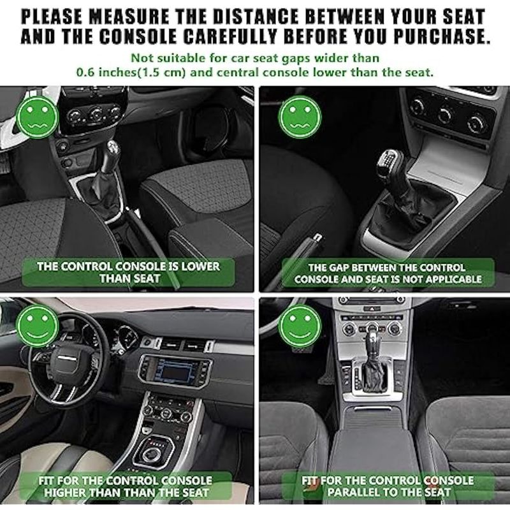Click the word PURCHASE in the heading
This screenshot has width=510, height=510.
[x=441, y=36]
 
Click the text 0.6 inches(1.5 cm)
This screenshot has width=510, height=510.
[x=131, y=72]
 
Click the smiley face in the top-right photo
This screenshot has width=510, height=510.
[x=300, y=117]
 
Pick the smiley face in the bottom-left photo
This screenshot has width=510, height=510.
[x=38, y=326]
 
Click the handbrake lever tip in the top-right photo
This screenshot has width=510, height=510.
[x=317, y=237]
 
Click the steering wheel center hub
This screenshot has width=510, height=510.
[x=67, y=359]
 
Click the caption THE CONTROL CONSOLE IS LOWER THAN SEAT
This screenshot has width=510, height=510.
[x=129, y=273]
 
